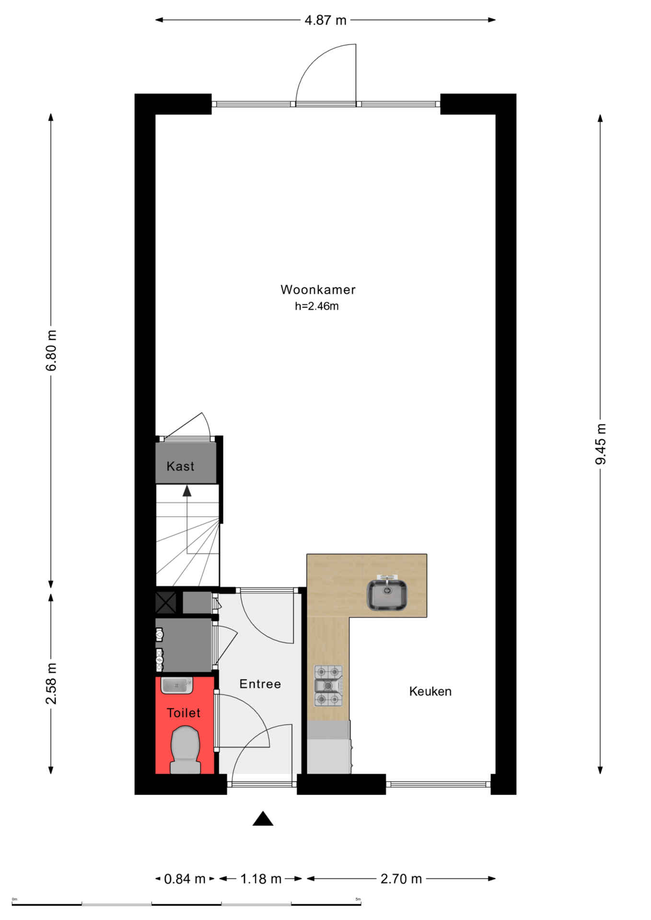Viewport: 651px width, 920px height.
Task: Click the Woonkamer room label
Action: [318, 289]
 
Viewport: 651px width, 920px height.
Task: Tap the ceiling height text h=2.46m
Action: [316, 306]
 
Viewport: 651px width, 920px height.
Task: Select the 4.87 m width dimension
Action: [325, 20]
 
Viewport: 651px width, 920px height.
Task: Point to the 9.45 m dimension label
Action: [600, 444]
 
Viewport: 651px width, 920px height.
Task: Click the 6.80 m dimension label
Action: [51, 350]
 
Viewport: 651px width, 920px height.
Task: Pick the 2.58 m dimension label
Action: [51, 684]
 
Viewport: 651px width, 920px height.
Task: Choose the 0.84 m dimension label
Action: [185, 879]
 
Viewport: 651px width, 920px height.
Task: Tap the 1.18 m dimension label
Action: [261, 879]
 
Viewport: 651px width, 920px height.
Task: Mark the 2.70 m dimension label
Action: [401, 879]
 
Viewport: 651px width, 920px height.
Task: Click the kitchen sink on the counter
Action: [387, 594]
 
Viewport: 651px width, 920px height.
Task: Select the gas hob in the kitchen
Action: [328, 686]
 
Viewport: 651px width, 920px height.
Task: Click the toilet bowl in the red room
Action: [186, 749]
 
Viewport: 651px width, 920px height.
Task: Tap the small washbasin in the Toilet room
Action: [177, 686]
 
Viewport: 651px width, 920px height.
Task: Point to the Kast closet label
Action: [180, 466]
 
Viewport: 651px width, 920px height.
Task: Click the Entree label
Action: [260, 684]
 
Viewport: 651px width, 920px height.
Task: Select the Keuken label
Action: [430, 691]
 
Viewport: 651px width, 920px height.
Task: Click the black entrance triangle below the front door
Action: [263, 818]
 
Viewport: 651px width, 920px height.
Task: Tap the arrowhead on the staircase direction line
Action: [187, 491]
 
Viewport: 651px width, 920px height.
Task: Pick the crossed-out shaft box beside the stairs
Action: [166, 603]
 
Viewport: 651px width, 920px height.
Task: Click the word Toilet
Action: [184, 713]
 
